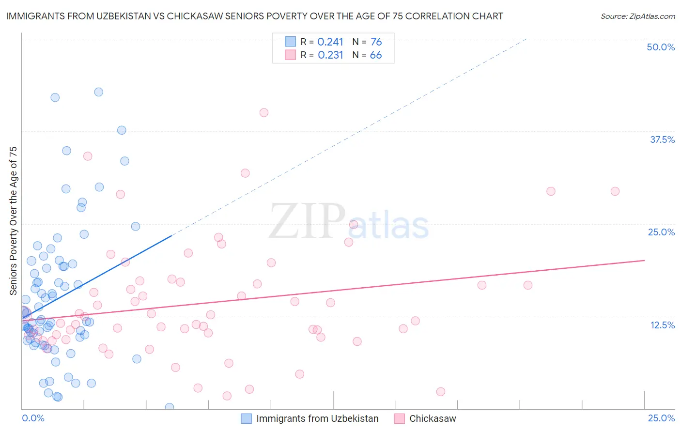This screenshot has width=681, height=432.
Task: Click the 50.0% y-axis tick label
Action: click(661, 47)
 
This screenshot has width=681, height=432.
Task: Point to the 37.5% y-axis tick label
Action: click(662, 139)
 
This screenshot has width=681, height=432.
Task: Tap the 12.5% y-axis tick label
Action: click(662, 325)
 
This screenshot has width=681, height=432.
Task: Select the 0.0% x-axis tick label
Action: click(33, 418)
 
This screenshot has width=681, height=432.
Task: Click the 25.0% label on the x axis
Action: click(661, 418)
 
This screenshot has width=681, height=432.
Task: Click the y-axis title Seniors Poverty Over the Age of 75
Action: click(13, 220)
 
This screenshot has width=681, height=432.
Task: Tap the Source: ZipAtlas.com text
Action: click(637, 16)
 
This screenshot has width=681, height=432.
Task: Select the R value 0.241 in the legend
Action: click(330, 42)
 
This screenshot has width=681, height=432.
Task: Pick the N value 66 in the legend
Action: click(376, 55)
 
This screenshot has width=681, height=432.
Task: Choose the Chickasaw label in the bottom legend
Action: click(433, 418)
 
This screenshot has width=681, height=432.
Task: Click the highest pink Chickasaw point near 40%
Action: click(264, 112)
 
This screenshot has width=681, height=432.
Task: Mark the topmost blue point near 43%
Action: click(98, 92)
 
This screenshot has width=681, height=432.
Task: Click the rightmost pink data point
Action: click(615, 191)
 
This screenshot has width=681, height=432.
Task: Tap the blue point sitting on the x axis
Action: click(170, 407)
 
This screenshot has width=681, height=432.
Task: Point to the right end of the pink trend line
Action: click(644, 260)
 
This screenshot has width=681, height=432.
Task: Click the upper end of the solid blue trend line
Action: click(172, 235)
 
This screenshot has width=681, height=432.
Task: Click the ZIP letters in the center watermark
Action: click(307, 221)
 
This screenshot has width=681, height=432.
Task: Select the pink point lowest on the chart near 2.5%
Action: click(227, 396)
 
